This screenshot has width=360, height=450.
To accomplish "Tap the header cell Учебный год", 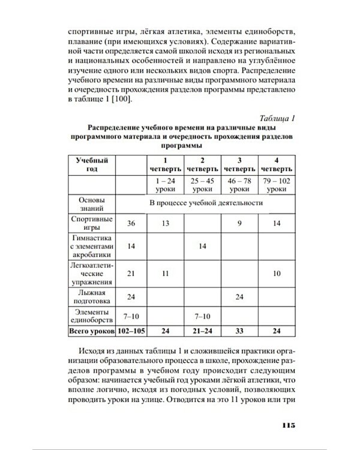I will point(91,165).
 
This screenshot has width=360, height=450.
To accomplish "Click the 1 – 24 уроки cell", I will point(166,184).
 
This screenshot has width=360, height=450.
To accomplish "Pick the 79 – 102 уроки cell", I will point(277,184).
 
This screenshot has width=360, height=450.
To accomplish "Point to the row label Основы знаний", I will point(91,203).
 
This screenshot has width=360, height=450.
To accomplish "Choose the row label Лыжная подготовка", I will point(91,296).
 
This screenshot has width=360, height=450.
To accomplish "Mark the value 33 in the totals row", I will point(239,330).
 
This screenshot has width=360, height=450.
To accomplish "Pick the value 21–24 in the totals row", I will point(203,330).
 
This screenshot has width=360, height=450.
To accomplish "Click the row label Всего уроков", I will point(91,330).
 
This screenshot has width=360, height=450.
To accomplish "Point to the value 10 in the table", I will point(277,273).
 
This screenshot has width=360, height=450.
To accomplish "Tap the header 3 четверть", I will point(239,165).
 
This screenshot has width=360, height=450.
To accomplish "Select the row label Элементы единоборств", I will point(91,315).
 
